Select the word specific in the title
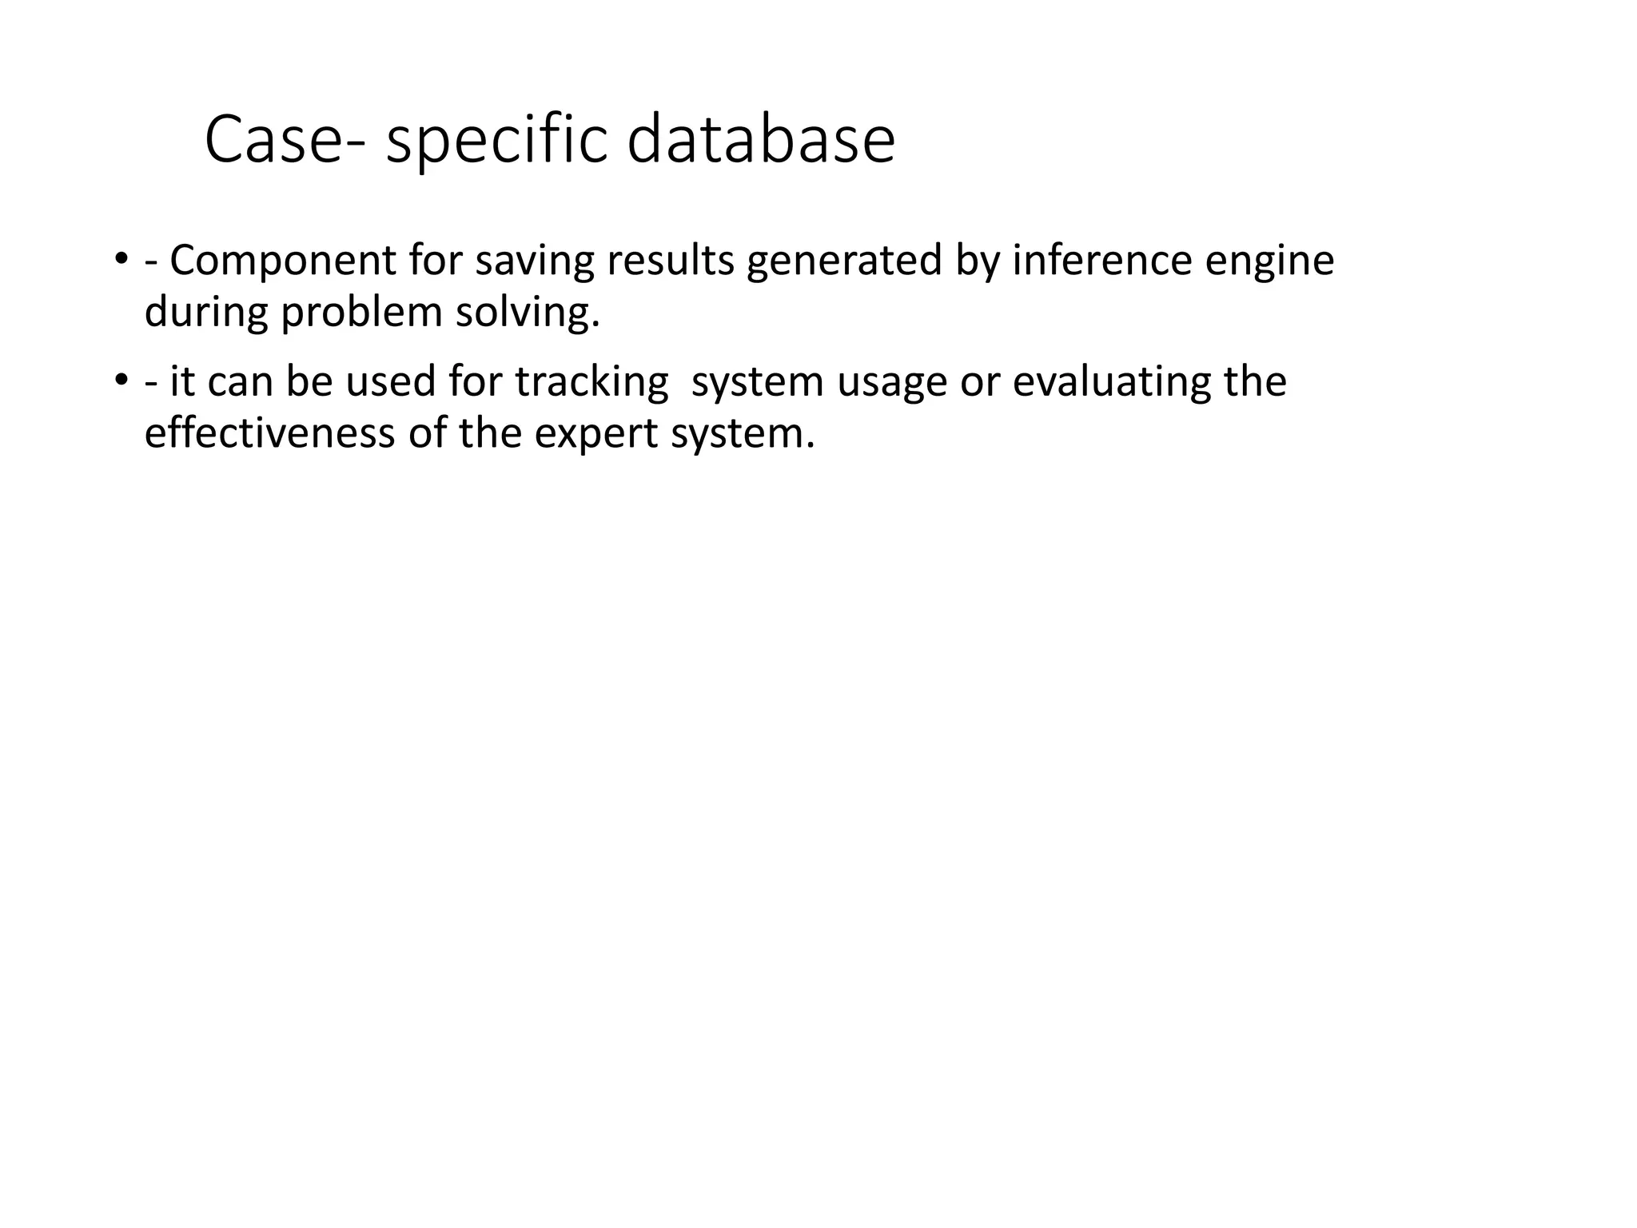pyautogui.click(x=496, y=141)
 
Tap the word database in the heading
pyautogui.click(x=761, y=141)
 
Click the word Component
pyautogui.click(x=283, y=261)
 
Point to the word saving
pyautogui.click(x=535, y=261)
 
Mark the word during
pyautogui.click(x=205, y=312)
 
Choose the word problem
pyautogui.click(x=361, y=312)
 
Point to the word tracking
pyautogui.click(x=591, y=382)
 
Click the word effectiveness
pyautogui.click(x=269, y=433)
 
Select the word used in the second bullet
pyautogui.click(x=391, y=382)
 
